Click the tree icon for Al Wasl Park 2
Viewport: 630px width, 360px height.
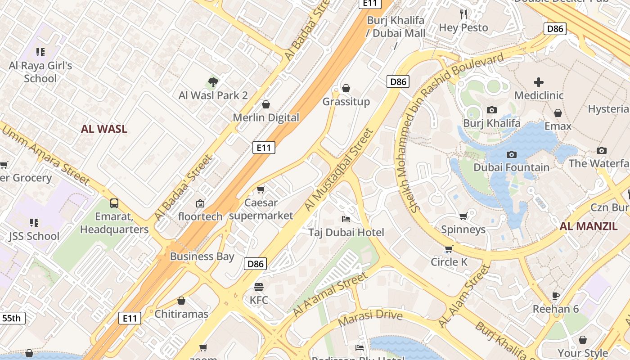click(213, 82)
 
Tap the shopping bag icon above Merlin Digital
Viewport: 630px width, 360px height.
click(266, 104)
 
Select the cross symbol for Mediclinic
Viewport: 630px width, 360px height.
click(538, 82)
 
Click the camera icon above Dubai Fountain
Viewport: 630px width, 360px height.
click(511, 154)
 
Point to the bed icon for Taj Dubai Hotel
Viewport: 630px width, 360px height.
click(346, 219)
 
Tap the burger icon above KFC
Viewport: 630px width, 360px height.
click(258, 287)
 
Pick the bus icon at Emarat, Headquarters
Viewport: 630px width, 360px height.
click(114, 203)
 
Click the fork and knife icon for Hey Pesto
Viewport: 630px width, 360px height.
click(463, 14)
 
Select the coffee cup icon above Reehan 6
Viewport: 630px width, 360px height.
click(556, 296)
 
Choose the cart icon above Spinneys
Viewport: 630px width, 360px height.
click(463, 216)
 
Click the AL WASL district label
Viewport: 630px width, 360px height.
click(104, 129)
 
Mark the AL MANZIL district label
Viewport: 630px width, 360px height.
click(588, 226)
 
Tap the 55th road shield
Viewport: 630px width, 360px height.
click(12, 318)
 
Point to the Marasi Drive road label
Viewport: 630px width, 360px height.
click(370, 318)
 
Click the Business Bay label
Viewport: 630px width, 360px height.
click(202, 256)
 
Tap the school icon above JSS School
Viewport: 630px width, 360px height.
click(34, 223)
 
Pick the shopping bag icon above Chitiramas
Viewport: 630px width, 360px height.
click(181, 301)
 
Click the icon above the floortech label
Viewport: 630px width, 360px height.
click(200, 203)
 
